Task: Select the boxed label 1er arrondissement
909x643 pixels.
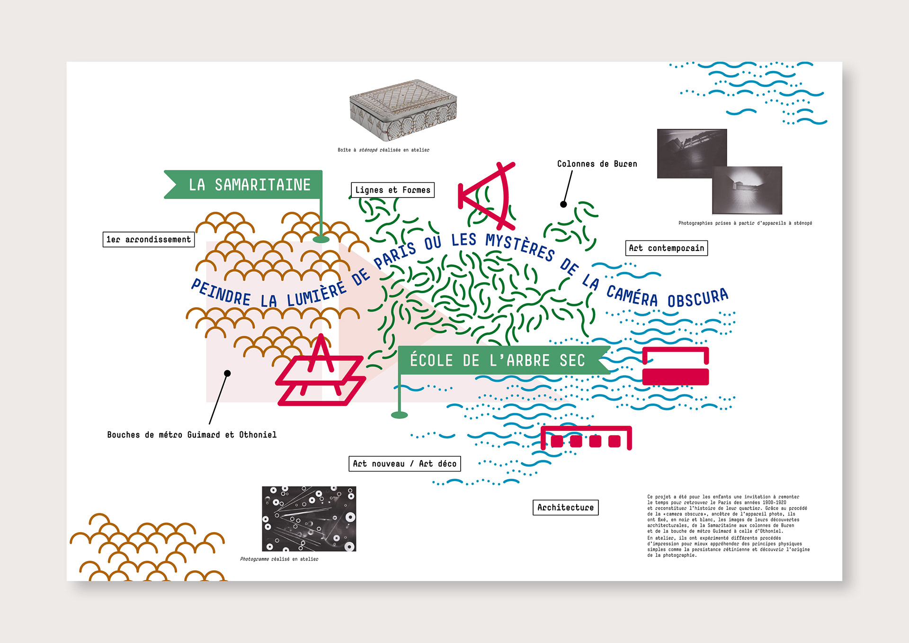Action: tap(149, 240)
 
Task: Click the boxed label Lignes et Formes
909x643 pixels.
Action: tap(392, 190)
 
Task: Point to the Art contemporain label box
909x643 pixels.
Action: tap(666, 248)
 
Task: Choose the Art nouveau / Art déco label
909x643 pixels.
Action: tap(404, 464)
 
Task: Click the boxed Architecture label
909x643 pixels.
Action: tap(565, 508)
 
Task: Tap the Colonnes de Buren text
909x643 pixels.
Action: tap(597, 164)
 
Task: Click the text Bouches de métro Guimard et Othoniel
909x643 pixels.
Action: tap(192, 435)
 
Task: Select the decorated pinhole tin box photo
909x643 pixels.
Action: tap(403, 109)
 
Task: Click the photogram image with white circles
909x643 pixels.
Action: tap(309, 518)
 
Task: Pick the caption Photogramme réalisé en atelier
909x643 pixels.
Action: tap(279, 559)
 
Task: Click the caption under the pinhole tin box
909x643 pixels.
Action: tap(383, 150)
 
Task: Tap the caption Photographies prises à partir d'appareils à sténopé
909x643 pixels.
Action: tap(745, 223)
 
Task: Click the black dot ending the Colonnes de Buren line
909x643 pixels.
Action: tap(563, 205)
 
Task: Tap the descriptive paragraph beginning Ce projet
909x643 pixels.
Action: tap(728, 526)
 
